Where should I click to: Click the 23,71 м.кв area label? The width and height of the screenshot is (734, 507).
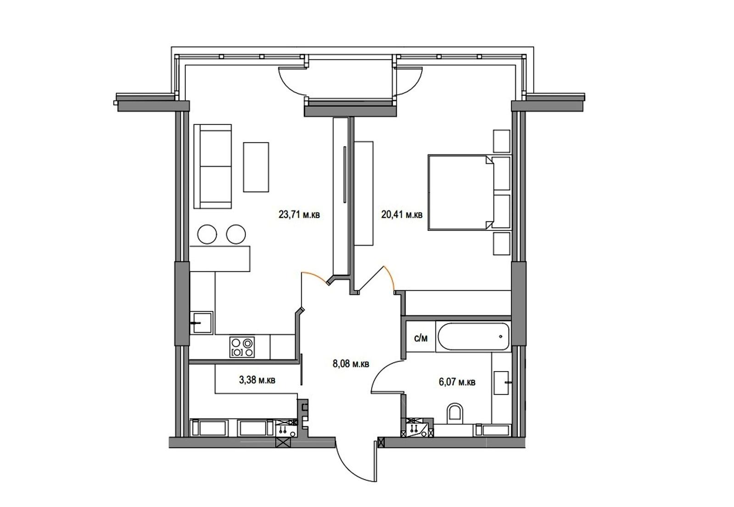click(299, 215)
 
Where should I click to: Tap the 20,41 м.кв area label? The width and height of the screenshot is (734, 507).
click(402, 215)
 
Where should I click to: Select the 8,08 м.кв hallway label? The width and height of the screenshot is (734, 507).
click(351, 363)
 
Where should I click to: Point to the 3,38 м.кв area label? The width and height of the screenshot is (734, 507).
click(257, 380)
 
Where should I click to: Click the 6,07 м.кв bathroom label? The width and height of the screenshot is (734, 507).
click(457, 382)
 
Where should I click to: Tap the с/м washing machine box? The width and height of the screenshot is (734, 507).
click(421, 338)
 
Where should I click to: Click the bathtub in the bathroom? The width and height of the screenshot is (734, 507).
click(473, 337)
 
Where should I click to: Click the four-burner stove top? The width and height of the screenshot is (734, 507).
click(242, 347)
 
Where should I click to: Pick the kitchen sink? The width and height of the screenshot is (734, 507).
click(201, 323)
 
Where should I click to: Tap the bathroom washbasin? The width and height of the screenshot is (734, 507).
click(501, 383)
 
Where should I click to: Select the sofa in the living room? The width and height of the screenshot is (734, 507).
click(213, 167)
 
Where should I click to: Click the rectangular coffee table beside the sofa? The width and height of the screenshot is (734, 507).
click(256, 167)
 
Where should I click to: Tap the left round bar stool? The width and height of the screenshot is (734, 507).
click(207, 234)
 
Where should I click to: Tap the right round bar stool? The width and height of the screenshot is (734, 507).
click(236, 234)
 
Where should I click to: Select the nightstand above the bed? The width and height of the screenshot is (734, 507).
click(502, 141)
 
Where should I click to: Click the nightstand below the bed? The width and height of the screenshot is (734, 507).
click(502, 244)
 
